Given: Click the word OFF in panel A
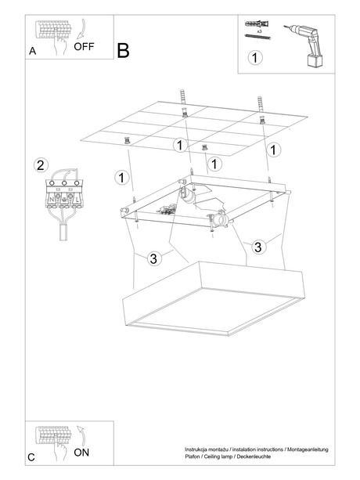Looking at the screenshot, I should point(85,46).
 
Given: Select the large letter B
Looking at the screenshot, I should point(124,50).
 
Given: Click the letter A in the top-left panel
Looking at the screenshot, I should point(32,50).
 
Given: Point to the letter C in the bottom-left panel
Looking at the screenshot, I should point(31,457).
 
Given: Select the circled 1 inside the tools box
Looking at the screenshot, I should point(254,57).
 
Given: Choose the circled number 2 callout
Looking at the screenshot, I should point(41,165).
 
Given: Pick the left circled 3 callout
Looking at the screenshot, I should point(154,258).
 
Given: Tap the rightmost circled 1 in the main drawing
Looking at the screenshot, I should point(273,149).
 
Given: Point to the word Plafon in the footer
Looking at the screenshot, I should point(183,456).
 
